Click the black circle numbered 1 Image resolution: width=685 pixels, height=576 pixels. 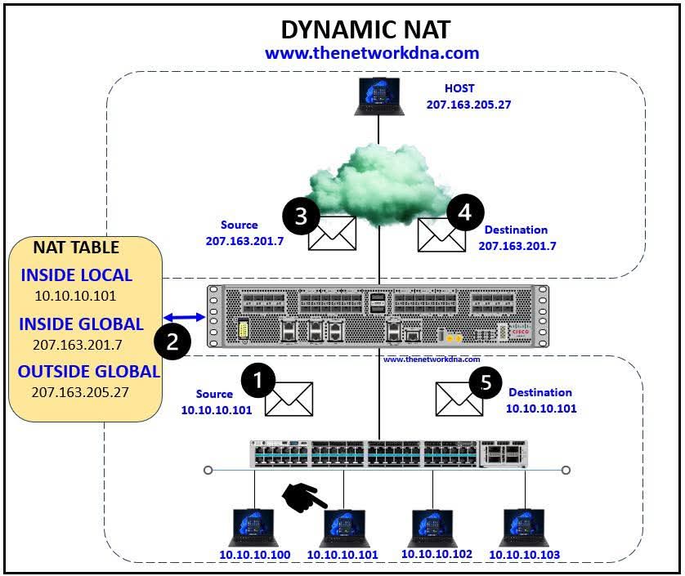pyautogui.click(x=259, y=381)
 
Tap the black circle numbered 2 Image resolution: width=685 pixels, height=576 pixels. pyautogui.click(x=172, y=341)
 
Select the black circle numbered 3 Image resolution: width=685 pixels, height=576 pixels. pyautogui.click(x=301, y=216)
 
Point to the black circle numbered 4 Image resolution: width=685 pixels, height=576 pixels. pyautogui.click(x=465, y=213)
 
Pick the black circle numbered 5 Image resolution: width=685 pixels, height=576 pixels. pyautogui.click(x=486, y=384)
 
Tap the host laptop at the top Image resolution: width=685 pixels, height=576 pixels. pyautogui.click(x=378, y=96)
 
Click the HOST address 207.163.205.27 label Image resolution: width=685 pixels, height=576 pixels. pyautogui.click(x=468, y=105)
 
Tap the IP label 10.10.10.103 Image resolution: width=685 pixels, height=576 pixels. pyautogui.click(x=524, y=555)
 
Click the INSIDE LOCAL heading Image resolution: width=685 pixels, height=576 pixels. pyautogui.click(x=76, y=275)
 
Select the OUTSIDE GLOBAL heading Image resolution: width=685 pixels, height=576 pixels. pyautogui.click(x=89, y=371)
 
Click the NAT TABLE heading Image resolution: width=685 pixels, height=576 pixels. pyautogui.click(x=76, y=247)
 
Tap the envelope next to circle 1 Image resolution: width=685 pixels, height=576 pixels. pyautogui.click(x=290, y=398)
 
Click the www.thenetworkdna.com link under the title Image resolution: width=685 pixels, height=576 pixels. pyautogui.click(x=371, y=53)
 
